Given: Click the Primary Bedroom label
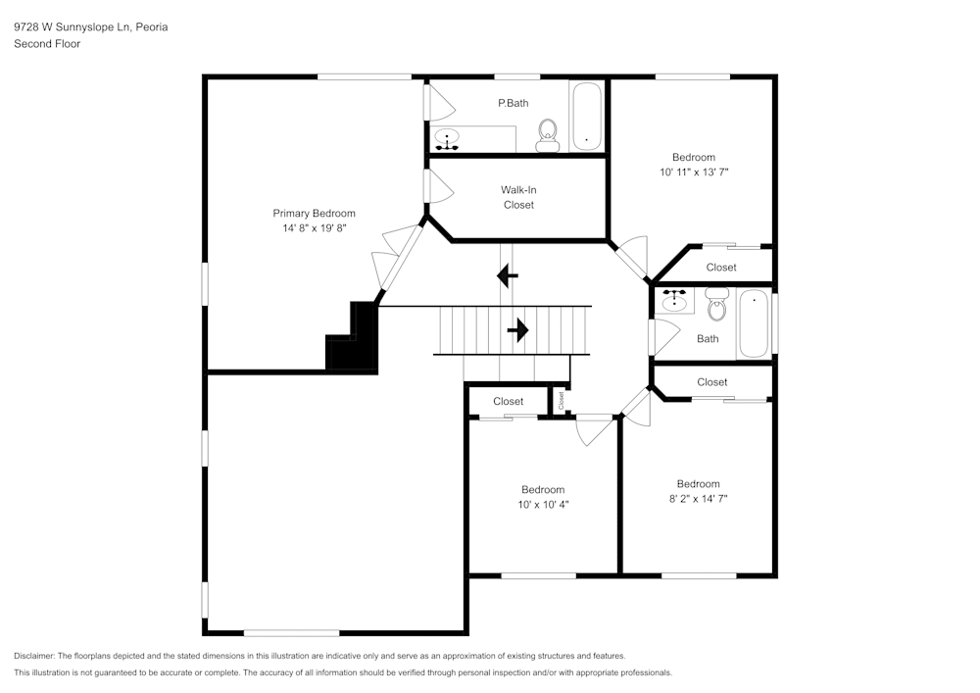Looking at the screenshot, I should pyautogui.click(x=314, y=213).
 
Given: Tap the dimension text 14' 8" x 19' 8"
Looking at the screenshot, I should pyautogui.click(x=314, y=227).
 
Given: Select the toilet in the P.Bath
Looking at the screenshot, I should pyautogui.click(x=547, y=135).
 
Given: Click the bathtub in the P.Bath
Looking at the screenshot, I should pyautogui.click(x=586, y=117).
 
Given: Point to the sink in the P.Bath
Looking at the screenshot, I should pyautogui.click(x=448, y=140).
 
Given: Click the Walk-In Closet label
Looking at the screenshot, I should pyautogui.click(x=518, y=197).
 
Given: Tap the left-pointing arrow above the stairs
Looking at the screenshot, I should pyautogui.click(x=508, y=276).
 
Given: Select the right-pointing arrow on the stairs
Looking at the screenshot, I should pyautogui.click(x=517, y=330).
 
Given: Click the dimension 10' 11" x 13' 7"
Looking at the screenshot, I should pyautogui.click(x=693, y=172).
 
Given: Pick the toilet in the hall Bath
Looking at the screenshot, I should pyautogui.click(x=716, y=305).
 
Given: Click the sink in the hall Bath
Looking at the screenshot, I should pyautogui.click(x=673, y=299).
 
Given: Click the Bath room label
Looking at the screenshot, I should pyautogui.click(x=708, y=339).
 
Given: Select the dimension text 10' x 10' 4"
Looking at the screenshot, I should pyautogui.click(x=542, y=504).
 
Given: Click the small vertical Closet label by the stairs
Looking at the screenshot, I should pyautogui.click(x=562, y=400).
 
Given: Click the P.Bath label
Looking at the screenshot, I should pyautogui.click(x=513, y=102).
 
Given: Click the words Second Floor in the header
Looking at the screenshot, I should pyautogui.click(x=47, y=44).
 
